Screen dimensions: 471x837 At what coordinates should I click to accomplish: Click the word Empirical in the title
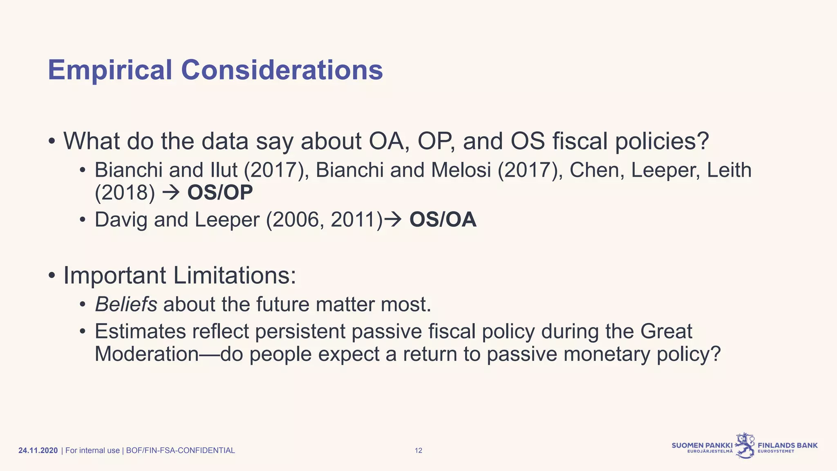(110, 70)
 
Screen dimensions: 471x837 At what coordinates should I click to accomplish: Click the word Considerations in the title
(282, 70)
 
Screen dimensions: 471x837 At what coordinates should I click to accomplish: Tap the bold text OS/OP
(220, 193)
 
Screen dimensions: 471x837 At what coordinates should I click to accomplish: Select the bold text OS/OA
(443, 220)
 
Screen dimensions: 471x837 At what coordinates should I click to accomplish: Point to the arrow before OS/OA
(394, 220)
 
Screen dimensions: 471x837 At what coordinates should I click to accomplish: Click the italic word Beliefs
(126, 304)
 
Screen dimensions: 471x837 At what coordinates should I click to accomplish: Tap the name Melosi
(461, 170)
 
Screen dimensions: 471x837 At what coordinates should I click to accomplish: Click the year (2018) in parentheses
(125, 193)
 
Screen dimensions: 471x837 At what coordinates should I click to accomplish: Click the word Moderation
(147, 354)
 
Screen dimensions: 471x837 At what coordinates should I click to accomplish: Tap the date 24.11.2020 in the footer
(38, 451)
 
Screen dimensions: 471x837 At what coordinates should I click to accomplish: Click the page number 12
(418, 451)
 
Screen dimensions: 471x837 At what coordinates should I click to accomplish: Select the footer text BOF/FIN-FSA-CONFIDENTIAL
(180, 451)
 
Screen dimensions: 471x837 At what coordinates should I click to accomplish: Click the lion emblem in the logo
(745, 445)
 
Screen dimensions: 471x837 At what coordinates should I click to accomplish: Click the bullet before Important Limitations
(51, 276)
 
